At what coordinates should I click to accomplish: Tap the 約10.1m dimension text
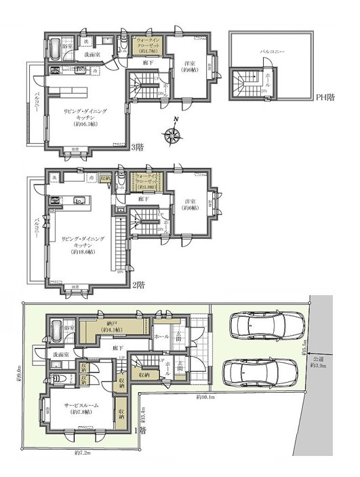(x=206, y=396)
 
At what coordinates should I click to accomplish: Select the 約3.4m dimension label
(x=142, y=412)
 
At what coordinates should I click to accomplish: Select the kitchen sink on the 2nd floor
(x=77, y=199)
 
